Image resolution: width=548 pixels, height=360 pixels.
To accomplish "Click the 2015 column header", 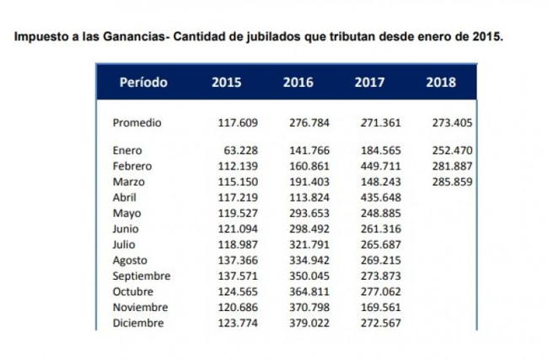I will pos(226,83).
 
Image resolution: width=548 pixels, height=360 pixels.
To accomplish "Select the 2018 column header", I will pos(441,83).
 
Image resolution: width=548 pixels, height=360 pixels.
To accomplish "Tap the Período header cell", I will pos(143,83).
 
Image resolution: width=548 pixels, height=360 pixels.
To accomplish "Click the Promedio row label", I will pos(137,123).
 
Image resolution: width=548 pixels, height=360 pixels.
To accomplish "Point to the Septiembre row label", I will pos(142,276).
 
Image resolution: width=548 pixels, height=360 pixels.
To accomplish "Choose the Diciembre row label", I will pos(137,323).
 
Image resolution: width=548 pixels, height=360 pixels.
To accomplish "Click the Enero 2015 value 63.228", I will pos(240,150).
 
